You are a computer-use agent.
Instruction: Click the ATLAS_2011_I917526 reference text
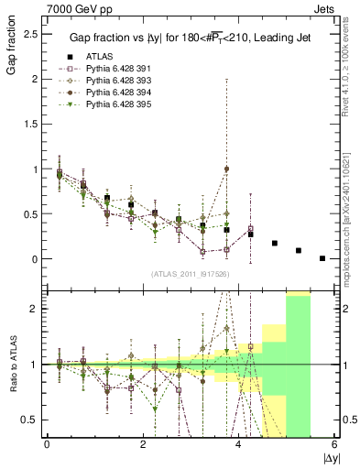tap(190, 274)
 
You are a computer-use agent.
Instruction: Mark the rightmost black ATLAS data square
tap(322, 258)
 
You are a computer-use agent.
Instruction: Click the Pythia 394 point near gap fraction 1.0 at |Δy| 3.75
tap(226, 169)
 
